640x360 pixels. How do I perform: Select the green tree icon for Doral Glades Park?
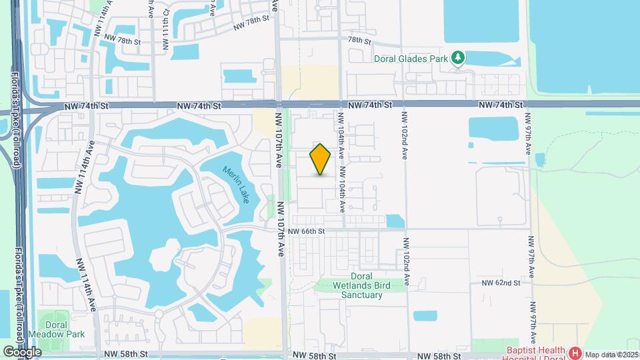458,58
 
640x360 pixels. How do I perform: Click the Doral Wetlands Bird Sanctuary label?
370,285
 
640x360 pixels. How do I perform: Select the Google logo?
21,351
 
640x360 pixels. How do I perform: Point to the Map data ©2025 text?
611,354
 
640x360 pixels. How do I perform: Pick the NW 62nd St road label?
500,283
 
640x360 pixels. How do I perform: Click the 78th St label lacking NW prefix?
359,40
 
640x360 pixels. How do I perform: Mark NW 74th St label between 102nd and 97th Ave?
502,105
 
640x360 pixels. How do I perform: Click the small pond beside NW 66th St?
395,221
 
